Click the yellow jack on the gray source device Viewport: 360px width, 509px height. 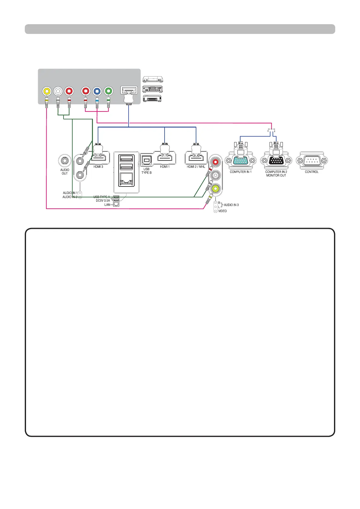click(x=46, y=91)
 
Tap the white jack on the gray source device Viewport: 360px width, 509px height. click(x=58, y=91)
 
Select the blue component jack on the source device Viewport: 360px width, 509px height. click(x=97, y=91)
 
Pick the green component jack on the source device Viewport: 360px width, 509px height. click(x=108, y=91)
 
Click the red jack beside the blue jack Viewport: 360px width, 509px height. click(x=86, y=91)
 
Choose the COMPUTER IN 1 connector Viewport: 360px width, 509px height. click(x=241, y=160)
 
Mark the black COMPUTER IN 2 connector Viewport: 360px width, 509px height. click(x=276, y=160)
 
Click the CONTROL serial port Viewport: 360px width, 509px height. click(x=312, y=160)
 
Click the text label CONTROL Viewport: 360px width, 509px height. click(x=312, y=172)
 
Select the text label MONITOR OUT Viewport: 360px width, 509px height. click(x=276, y=175)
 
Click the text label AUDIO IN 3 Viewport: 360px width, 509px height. click(x=231, y=205)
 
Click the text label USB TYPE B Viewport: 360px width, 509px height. click(x=146, y=171)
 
